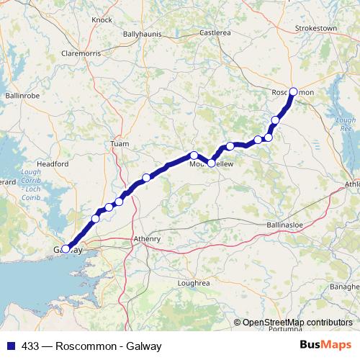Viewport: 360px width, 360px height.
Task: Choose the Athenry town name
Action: pos(147,238)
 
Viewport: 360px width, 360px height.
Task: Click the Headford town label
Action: pos(52,164)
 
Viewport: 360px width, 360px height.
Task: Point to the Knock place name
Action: pos(102,19)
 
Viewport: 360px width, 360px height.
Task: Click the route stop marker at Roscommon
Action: pos(293,91)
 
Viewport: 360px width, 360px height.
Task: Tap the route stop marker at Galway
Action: pos(66,249)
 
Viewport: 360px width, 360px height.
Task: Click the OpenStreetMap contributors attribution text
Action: pos(297,323)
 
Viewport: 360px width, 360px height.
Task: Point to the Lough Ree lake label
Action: pos(346,124)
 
